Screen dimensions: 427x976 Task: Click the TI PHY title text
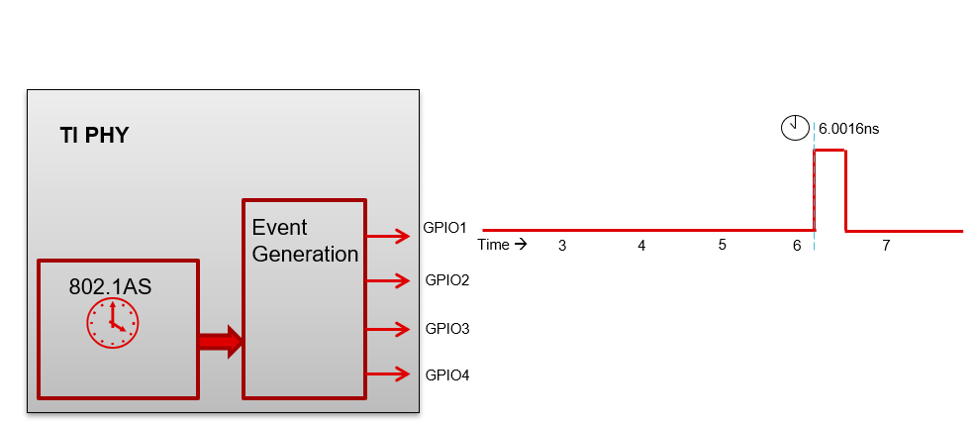pos(94,136)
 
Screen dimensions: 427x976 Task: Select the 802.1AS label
pos(110,286)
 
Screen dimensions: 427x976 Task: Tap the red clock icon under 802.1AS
pos(112,323)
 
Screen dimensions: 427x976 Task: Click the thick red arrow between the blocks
pos(220,341)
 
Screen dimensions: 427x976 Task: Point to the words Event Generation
pos(305,240)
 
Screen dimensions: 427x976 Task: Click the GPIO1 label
pos(445,227)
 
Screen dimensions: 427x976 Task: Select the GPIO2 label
pos(446,279)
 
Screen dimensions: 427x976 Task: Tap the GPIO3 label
pos(446,328)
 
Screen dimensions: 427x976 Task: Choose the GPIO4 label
pos(446,374)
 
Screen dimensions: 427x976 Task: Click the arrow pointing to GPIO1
pos(388,236)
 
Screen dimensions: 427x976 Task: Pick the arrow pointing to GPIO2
pos(388,281)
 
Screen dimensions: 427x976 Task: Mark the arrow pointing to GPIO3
pos(388,328)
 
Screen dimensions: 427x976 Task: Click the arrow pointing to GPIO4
pos(388,374)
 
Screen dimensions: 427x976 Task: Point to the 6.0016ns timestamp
pos(848,129)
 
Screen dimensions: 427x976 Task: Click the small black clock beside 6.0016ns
pos(794,127)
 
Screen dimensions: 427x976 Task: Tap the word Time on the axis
pos(493,244)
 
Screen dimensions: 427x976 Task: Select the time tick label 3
pos(561,245)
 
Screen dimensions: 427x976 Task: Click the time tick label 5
pos(722,245)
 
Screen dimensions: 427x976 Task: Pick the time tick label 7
pos(885,245)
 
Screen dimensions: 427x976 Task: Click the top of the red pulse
pos(830,151)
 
